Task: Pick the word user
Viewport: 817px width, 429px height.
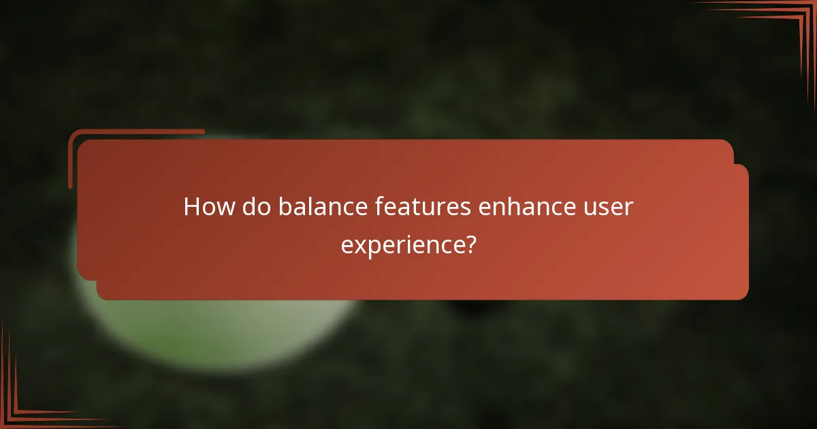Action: [x=608, y=207]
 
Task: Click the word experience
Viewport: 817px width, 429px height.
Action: [x=402, y=244]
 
